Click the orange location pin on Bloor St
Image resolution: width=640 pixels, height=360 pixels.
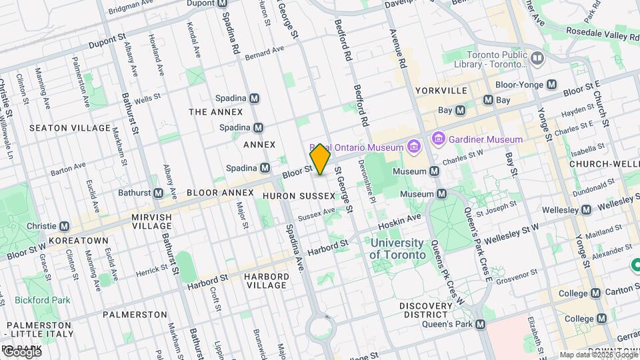click(x=321, y=159)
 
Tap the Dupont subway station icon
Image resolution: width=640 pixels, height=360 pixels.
click(x=222, y=3)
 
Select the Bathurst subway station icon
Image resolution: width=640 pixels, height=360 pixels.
click(x=159, y=193)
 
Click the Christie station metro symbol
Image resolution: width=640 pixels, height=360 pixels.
click(x=64, y=227)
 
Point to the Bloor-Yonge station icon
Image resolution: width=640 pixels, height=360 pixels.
click(x=551, y=85)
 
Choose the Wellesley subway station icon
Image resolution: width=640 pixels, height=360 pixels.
click(x=586, y=210)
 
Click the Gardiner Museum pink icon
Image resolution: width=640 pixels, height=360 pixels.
click(x=438, y=139)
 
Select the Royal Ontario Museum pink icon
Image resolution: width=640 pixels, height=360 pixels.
click(x=413, y=146)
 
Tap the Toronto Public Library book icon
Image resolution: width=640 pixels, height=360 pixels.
click(x=538, y=59)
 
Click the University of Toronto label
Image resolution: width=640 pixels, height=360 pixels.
click(x=397, y=249)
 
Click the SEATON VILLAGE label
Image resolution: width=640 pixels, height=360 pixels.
click(x=70, y=127)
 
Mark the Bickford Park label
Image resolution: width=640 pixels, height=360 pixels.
click(x=42, y=300)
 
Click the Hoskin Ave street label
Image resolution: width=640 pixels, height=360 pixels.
click(x=404, y=217)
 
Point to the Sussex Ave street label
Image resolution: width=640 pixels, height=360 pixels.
click(x=316, y=214)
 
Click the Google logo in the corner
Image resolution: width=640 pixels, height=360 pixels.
click(x=21, y=352)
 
